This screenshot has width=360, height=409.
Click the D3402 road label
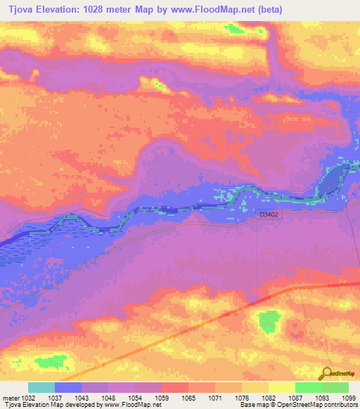pyautogui.click(x=269, y=214)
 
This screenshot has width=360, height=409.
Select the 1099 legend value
pyautogui.click(x=348, y=397)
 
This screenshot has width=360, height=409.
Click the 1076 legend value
pyautogui.click(x=241, y=397)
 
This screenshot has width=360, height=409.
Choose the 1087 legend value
pyautogui.click(x=295, y=397)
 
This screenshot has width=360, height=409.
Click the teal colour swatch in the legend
pyautogui.click(x=41, y=387)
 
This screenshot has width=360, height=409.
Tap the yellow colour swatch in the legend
pyautogui.click(x=281, y=387)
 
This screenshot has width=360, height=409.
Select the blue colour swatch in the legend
pyautogui.click(x=68, y=387)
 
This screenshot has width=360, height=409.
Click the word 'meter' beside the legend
pyautogui.click(x=11, y=397)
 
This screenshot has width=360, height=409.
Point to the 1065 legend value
pyautogui.click(x=188, y=397)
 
